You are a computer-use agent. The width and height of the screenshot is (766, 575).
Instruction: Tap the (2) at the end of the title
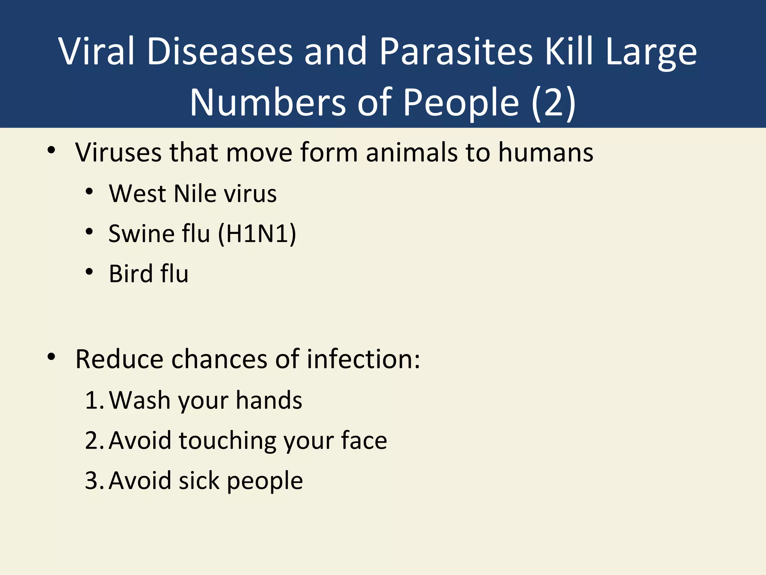[553, 103]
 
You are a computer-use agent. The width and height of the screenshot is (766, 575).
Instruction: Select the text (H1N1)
[257, 234]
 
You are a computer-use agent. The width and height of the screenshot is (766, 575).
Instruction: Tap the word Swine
[141, 234]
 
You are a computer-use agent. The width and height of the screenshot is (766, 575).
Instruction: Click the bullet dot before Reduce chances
[52, 357]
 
